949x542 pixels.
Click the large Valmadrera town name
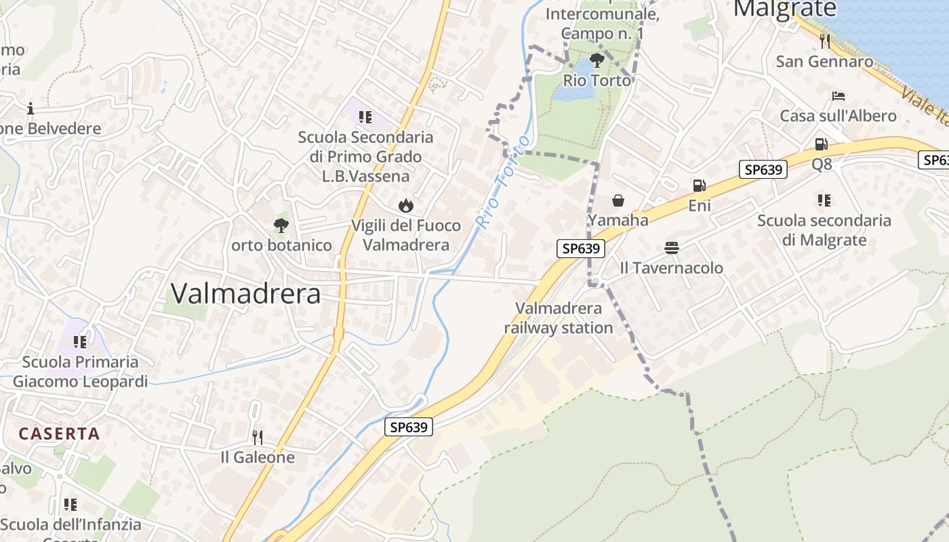click(x=245, y=293)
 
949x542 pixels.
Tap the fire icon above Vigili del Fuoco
click(x=405, y=205)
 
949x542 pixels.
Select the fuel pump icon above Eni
click(x=699, y=185)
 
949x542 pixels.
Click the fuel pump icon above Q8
click(x=821, y=144)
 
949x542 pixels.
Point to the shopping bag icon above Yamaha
click(x=618, y=201)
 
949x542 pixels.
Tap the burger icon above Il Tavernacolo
click(x=672, y=248)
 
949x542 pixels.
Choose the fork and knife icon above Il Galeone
click(x=257, y=437)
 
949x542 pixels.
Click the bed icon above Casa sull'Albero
click(x=839, y=96)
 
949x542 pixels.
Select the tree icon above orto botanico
click(x=281, y=225)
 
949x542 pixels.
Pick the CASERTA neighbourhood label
click(x=59, y=434)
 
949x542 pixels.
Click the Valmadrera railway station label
click(x=558, y=318)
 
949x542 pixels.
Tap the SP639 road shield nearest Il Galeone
click(x=409, y=427)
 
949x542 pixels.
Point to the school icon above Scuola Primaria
click(x=80, y=341)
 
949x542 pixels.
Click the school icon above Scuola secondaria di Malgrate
click(x=824, y=200)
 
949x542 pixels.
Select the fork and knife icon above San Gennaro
click(x=824, y=41)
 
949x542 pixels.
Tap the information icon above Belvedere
click(x=30, y=108)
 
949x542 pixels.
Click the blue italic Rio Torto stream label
click(x=502, y=181)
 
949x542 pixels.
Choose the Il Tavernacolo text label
click(x=672, y=268)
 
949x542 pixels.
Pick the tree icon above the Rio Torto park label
click(x=597, y=60)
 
